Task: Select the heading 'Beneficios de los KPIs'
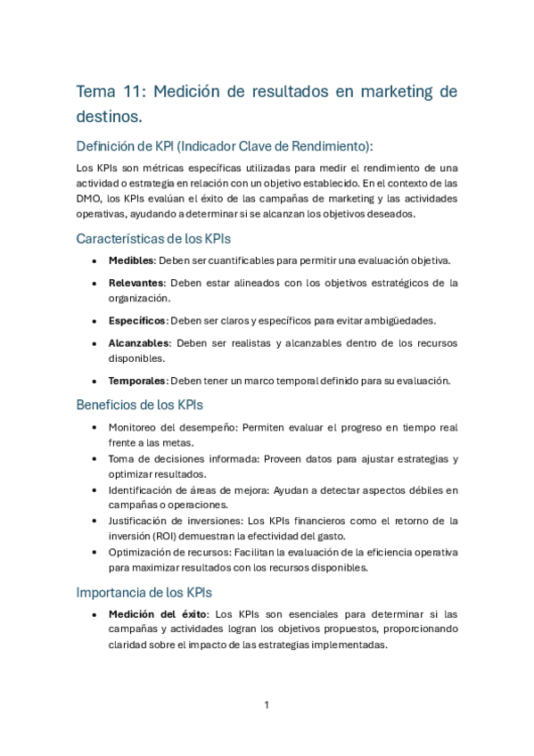140,404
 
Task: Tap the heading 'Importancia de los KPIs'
144,592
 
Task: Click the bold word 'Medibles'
131,260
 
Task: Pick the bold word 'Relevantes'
136,283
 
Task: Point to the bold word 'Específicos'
137,320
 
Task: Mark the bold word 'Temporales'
137,381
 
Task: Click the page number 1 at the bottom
267,705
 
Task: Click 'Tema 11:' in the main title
111,92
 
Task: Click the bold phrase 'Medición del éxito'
158,614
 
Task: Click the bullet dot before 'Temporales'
95,382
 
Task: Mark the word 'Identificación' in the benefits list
144,489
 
